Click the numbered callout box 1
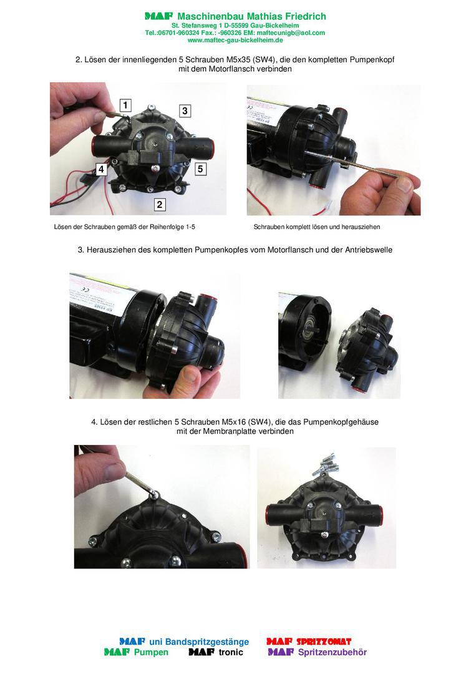click(125, 105)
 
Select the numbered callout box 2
click(159, 204)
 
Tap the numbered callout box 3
click(185, 111)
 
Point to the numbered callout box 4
click(101, 169)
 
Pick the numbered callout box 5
click(200, 169)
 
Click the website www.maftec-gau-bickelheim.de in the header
click(235, 41)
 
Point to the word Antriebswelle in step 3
click(369, 250)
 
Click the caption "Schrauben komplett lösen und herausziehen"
click(317, 227)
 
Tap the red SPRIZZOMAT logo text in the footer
click(324, 642)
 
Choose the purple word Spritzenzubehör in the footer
click(332, 653)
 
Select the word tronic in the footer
click(231, 653)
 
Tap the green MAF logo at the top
click(158, 16)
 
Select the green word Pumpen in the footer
click(151, 653)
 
